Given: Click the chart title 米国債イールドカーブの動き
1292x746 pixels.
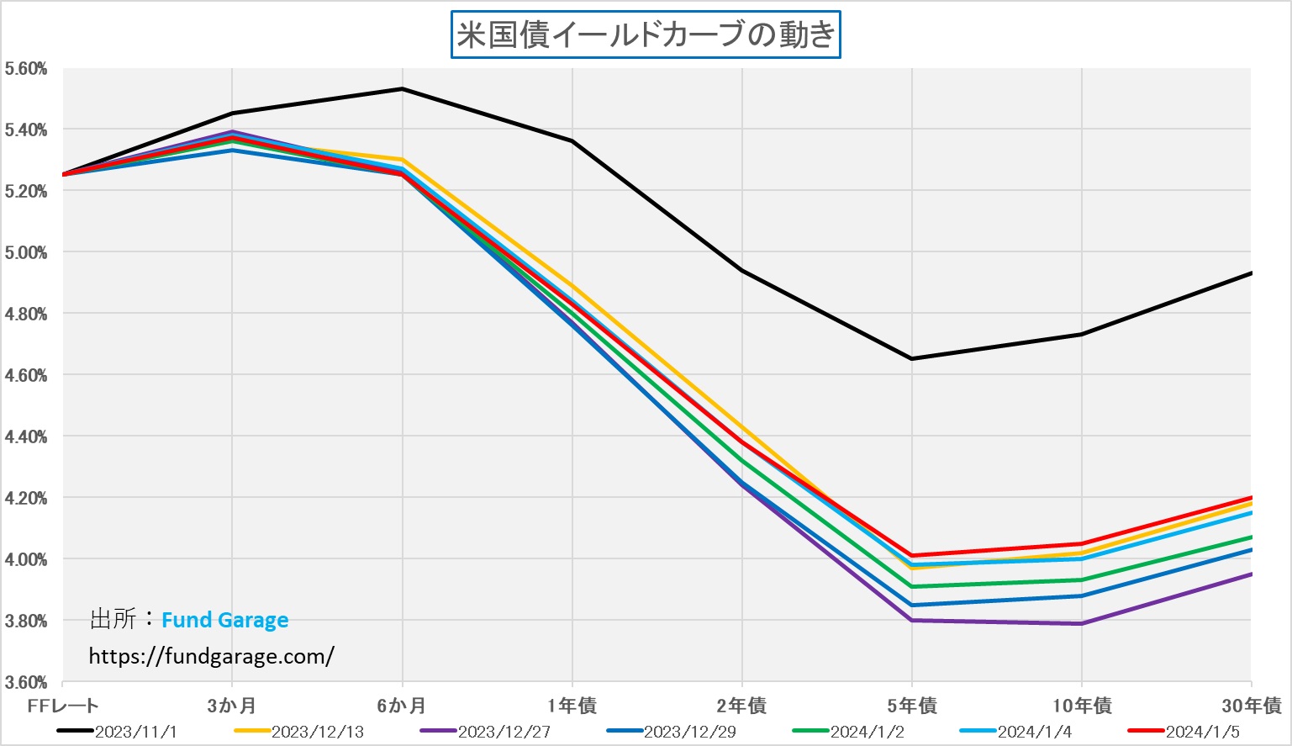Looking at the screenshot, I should tap(646, 35).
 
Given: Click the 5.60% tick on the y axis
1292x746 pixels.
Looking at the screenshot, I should tap(26, 69).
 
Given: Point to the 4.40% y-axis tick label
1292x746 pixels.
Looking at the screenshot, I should tap(26, 436).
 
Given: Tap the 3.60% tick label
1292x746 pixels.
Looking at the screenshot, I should tap(26, 682).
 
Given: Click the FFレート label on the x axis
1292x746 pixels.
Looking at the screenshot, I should tap(63, 706).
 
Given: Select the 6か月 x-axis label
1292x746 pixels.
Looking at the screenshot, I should tap(402, 706).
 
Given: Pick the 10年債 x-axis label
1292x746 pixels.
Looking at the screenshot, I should tap(1082, 706).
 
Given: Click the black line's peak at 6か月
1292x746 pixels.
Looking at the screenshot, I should tap(403, 88).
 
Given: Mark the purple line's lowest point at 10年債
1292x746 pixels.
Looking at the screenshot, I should tap(1081, 623).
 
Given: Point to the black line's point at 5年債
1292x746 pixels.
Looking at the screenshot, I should tap(912, 359).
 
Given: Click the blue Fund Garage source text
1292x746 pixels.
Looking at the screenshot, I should tap(224, 621).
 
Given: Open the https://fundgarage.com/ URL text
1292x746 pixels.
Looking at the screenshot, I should tap(211, 656).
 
